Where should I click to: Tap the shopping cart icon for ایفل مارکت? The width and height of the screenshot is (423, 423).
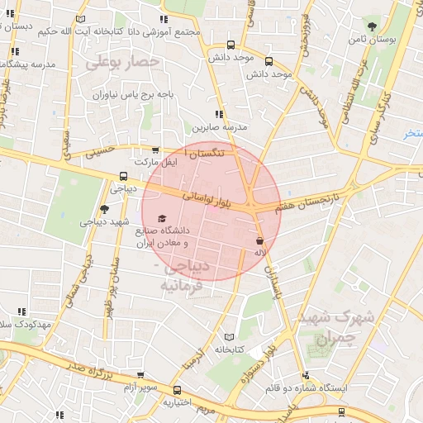[x=154, y=150]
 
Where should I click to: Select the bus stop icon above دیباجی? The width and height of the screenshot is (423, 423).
[x=123, y=175]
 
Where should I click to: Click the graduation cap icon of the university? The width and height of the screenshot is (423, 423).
[x=160, y=217]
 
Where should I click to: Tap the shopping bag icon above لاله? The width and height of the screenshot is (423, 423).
[x=260, y=239]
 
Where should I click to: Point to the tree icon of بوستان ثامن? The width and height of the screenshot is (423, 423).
[x=371, y=26]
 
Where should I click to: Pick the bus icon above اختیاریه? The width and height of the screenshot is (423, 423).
[x=178, y=390]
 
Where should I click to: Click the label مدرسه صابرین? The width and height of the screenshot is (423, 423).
[x=221, y=128]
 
